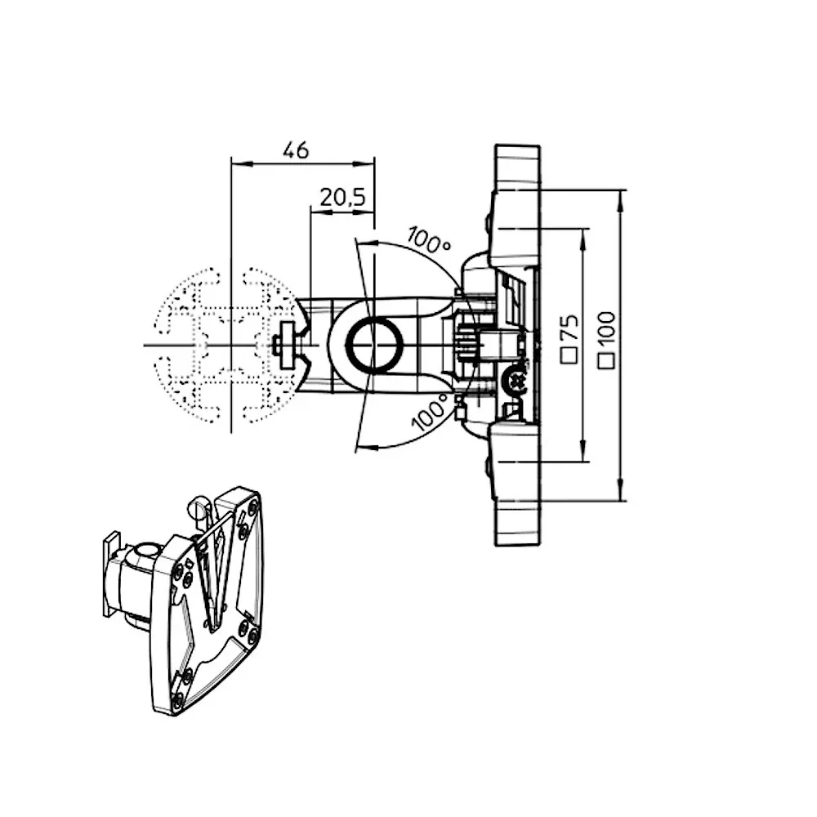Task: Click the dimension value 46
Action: pos(296,150)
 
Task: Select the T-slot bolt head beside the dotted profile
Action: pos(285,344)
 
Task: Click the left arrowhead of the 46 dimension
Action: pos(236,164)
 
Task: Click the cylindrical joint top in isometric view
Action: pos(147,551)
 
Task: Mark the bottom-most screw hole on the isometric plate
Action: pos(177,699)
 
